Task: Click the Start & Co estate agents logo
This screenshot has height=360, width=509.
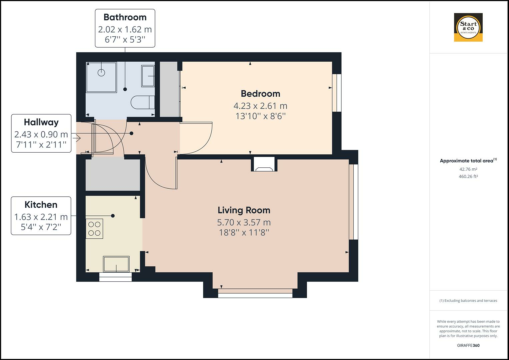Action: pyautogui.click(x=468, y=27)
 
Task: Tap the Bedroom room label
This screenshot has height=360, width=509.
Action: pyautogui.click(x=260, y=94)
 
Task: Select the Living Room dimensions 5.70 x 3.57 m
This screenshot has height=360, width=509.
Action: pyautogui.click(x=244, y=222)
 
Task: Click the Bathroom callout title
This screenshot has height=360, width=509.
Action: pyautogui.click(x=125, y=17)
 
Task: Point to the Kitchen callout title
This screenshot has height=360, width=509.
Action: pyautogui.click(x=41, y=205)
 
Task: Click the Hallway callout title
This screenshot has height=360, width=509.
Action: pyautogui.click(x=41, y=122)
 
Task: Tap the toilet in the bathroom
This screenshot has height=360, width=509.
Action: pyautogui.click(x=143, y=103)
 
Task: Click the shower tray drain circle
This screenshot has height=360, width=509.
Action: pyautogui.click(x=101, y=72)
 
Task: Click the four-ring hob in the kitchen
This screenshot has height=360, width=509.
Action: pyautogui.click(x=94, y=229)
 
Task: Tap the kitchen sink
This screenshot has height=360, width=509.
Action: pyautogui.click(x=116, y=264)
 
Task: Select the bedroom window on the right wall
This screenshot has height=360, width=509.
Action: pyautogui.click(x=337, y=93)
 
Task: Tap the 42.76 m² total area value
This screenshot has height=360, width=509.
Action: pyautogui.click(x=468, y=169)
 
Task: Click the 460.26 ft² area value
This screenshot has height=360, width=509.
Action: pyautogui.click(x=468, y=177)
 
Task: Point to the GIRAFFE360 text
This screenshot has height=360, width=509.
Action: pyautogui.click(x=468, y=345)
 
